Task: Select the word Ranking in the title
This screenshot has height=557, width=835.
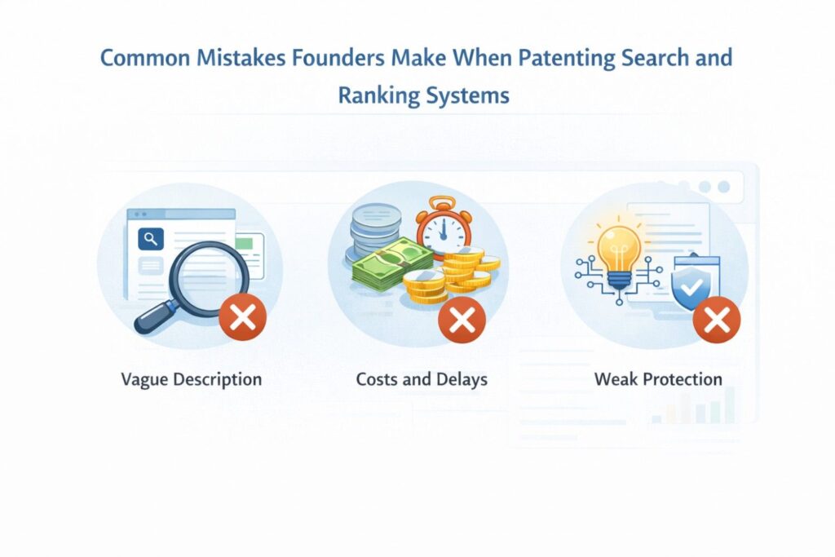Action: pyautogui.click(x=378, y=95)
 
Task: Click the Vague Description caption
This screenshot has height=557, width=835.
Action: pyautogui.click(x=191, y=379)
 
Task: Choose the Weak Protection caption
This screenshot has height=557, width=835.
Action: pyautogui.click(x=658, y=379)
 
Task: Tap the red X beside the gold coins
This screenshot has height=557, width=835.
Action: pyautogui.click(x=462, y=318)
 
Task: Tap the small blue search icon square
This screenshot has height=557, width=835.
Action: pyautogui.click(x=151, y=239)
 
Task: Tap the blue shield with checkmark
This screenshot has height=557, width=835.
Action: pyautogui.click(x=691, y=285)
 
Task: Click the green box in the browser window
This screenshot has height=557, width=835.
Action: pyautogui.click(x=249, y=243)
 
